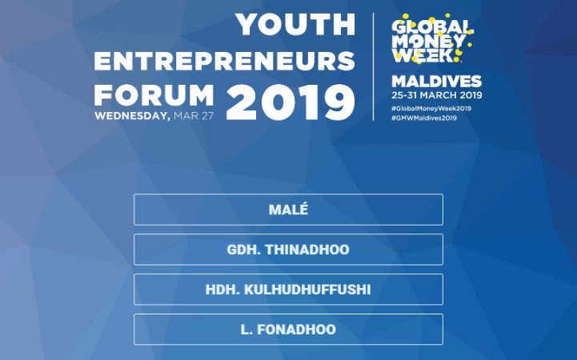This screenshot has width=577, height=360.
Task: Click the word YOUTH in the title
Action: [295, 25]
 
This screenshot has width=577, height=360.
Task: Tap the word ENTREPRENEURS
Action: [224, 61]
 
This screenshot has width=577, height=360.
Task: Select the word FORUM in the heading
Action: [154, 95]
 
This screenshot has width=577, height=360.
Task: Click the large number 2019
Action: [291, 102]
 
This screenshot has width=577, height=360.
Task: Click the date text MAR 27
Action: [194, 116]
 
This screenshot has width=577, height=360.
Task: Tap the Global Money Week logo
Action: [432, 38]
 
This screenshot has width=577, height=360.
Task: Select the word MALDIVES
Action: [436, 82]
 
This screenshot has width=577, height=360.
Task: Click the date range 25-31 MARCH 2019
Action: [437, 95]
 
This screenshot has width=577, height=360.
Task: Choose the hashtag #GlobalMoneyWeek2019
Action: [431, 109]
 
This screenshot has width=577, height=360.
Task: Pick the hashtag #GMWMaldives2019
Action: [424, 118]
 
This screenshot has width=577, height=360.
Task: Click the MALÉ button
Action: [288, 210]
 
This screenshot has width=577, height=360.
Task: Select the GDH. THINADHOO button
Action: [288, 250]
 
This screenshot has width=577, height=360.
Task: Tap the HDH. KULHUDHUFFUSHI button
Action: [288, 290]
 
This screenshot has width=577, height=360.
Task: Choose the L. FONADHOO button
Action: [288, 330]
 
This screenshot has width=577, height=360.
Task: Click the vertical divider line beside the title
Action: [374, 67]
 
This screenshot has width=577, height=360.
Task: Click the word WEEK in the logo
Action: [422, 55]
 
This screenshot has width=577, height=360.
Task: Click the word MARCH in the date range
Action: [439, 95]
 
